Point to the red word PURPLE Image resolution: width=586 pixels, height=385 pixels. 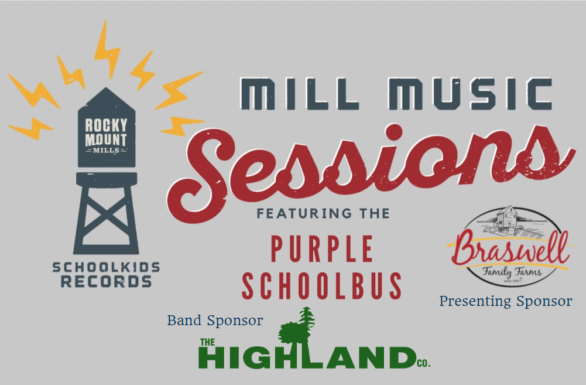coord(322,249)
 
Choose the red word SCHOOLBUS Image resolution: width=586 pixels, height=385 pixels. coord(322,286)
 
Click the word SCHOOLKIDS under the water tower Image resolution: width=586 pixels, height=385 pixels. coord(106,267)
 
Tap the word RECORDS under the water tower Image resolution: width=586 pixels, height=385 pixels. coord(106,281)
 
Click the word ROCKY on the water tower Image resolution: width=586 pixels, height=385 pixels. coord(106,125)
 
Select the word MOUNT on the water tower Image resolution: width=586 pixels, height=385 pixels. coord(106,140)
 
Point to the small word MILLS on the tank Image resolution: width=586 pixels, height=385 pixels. coord(106,151)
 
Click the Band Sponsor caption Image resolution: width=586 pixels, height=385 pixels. coord(215,321)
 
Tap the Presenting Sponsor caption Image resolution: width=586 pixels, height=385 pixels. coord(506,301)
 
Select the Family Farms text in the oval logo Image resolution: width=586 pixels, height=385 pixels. coord(512,271)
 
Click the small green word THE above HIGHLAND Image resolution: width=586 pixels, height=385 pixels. coord(207,342)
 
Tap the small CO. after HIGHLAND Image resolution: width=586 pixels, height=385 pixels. coord(423,363)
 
